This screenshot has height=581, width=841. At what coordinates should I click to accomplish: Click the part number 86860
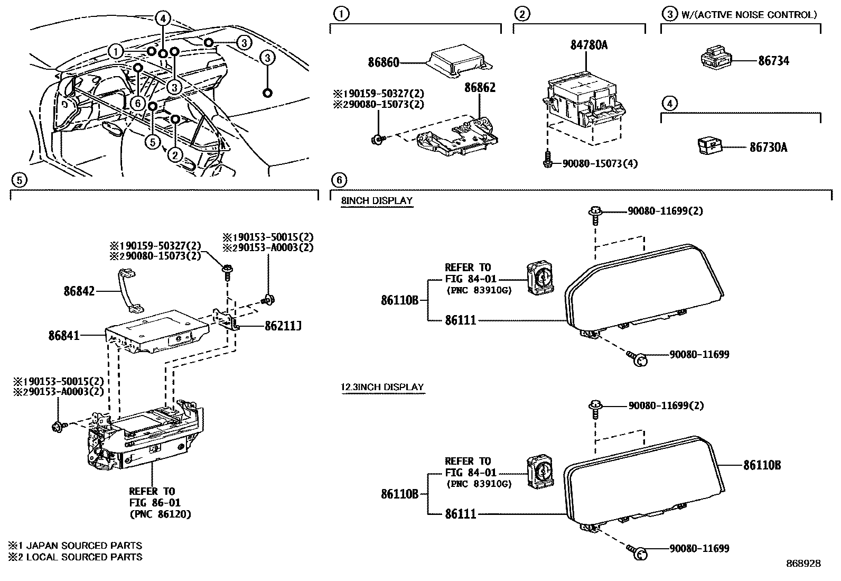(384, 62)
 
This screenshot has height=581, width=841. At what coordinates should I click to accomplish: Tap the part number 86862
(480, 88)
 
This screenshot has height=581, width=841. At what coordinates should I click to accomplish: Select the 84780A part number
(588, 45)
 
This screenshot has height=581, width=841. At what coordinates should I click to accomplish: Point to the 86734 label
(773, 61)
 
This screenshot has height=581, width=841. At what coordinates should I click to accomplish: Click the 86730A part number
(768, 147)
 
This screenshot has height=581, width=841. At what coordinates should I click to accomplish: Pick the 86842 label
(79, 291)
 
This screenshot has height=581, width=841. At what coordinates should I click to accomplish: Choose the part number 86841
(64, 335)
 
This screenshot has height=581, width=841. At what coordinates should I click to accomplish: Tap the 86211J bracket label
(283, 326)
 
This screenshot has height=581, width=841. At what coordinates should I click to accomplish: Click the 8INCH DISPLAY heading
(377, 201)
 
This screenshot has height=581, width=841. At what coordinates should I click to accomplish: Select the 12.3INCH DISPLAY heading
(382, 387)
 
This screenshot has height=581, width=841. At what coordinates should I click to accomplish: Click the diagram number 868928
(803, 564)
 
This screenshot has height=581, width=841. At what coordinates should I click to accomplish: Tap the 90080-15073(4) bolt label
(600, 164)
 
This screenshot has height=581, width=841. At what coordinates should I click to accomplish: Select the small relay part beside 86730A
(709, 146)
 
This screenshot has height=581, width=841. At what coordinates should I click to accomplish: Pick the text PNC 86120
(161, 514)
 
